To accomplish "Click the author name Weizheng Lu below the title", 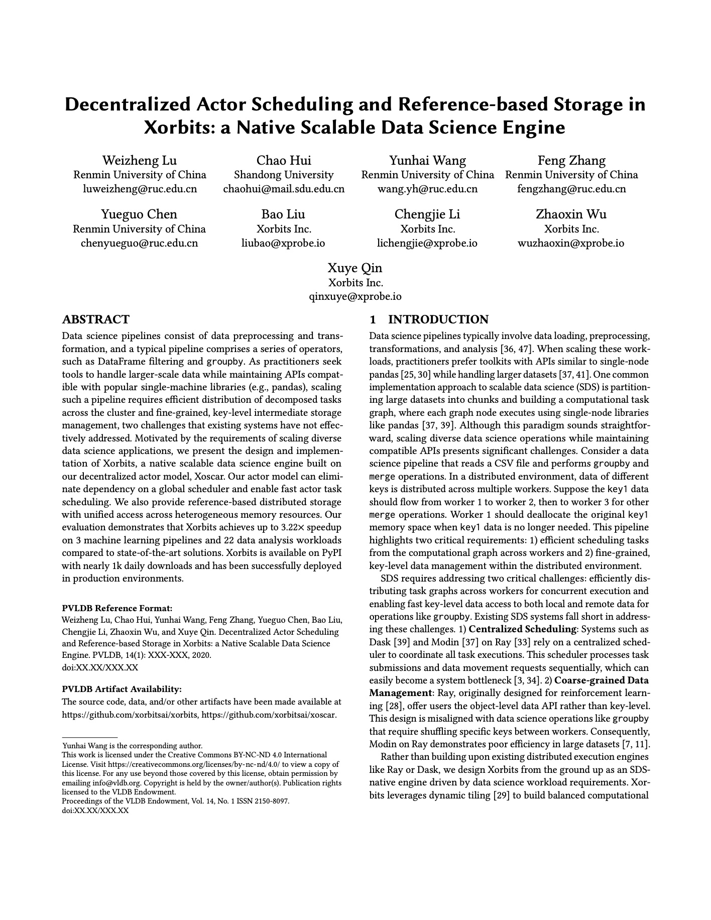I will click(140, 160).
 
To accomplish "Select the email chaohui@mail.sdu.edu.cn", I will click(284, 189).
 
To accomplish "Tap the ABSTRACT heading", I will click(95, 319).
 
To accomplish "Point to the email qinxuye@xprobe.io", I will click(355, 296).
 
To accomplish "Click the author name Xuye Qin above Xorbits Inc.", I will click(355, 267).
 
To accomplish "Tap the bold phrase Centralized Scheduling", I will click(522, 629).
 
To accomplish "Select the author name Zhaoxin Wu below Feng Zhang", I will click(571, 214).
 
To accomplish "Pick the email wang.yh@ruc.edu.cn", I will click(427, 189).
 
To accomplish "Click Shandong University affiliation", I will click(284, 175).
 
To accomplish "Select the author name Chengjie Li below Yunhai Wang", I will click(427, 214).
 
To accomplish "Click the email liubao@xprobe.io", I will click(284, 244).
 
